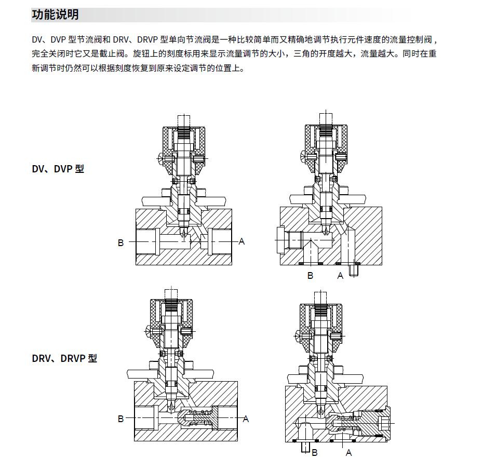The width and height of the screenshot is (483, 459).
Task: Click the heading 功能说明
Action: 56,15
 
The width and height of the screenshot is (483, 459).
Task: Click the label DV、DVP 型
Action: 58,169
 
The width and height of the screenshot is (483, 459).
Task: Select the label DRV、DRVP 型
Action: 64,358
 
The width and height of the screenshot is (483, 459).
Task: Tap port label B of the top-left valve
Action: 120,242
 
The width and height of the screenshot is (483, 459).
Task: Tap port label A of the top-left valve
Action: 242,241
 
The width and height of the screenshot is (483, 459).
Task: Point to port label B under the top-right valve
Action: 310,276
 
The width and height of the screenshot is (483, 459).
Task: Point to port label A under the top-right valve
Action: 340,276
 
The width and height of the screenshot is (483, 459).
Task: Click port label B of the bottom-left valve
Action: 120,419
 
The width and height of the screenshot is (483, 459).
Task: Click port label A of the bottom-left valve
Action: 246,419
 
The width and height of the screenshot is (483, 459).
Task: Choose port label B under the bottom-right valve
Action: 314,453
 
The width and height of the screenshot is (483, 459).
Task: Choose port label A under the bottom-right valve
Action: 349,453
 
